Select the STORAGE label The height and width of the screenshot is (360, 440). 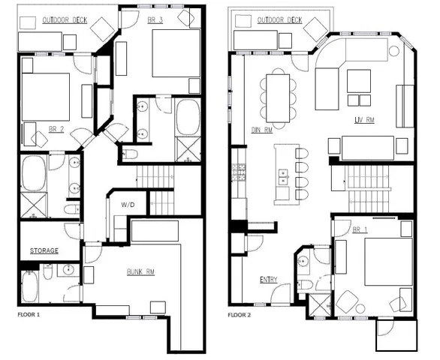click(44, 250)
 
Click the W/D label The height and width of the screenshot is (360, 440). click(128, 204)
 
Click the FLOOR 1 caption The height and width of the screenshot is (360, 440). click(29, 314)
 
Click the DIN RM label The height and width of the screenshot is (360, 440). click(261, 129)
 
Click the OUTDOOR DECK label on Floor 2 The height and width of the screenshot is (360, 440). click(279, 20)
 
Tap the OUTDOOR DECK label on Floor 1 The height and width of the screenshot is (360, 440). click(66, 19)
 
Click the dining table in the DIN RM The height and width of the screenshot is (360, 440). click(279, 95)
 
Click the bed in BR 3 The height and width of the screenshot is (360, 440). click(176, 54)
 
